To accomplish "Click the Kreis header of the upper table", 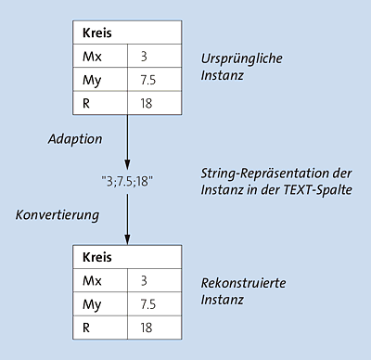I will (97, 33).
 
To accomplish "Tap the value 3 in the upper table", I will (144, 57).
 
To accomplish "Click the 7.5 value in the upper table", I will (148, 81).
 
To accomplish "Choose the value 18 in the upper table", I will (147, 104).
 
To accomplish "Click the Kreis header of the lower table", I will (97, 255).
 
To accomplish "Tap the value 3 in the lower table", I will (144, 279).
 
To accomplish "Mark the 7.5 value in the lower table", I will (148, 302).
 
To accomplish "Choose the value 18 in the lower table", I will (147, 327).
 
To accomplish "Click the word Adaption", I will (75, 138).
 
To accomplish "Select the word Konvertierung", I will (58, 214).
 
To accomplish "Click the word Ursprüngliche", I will (242, 58).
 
